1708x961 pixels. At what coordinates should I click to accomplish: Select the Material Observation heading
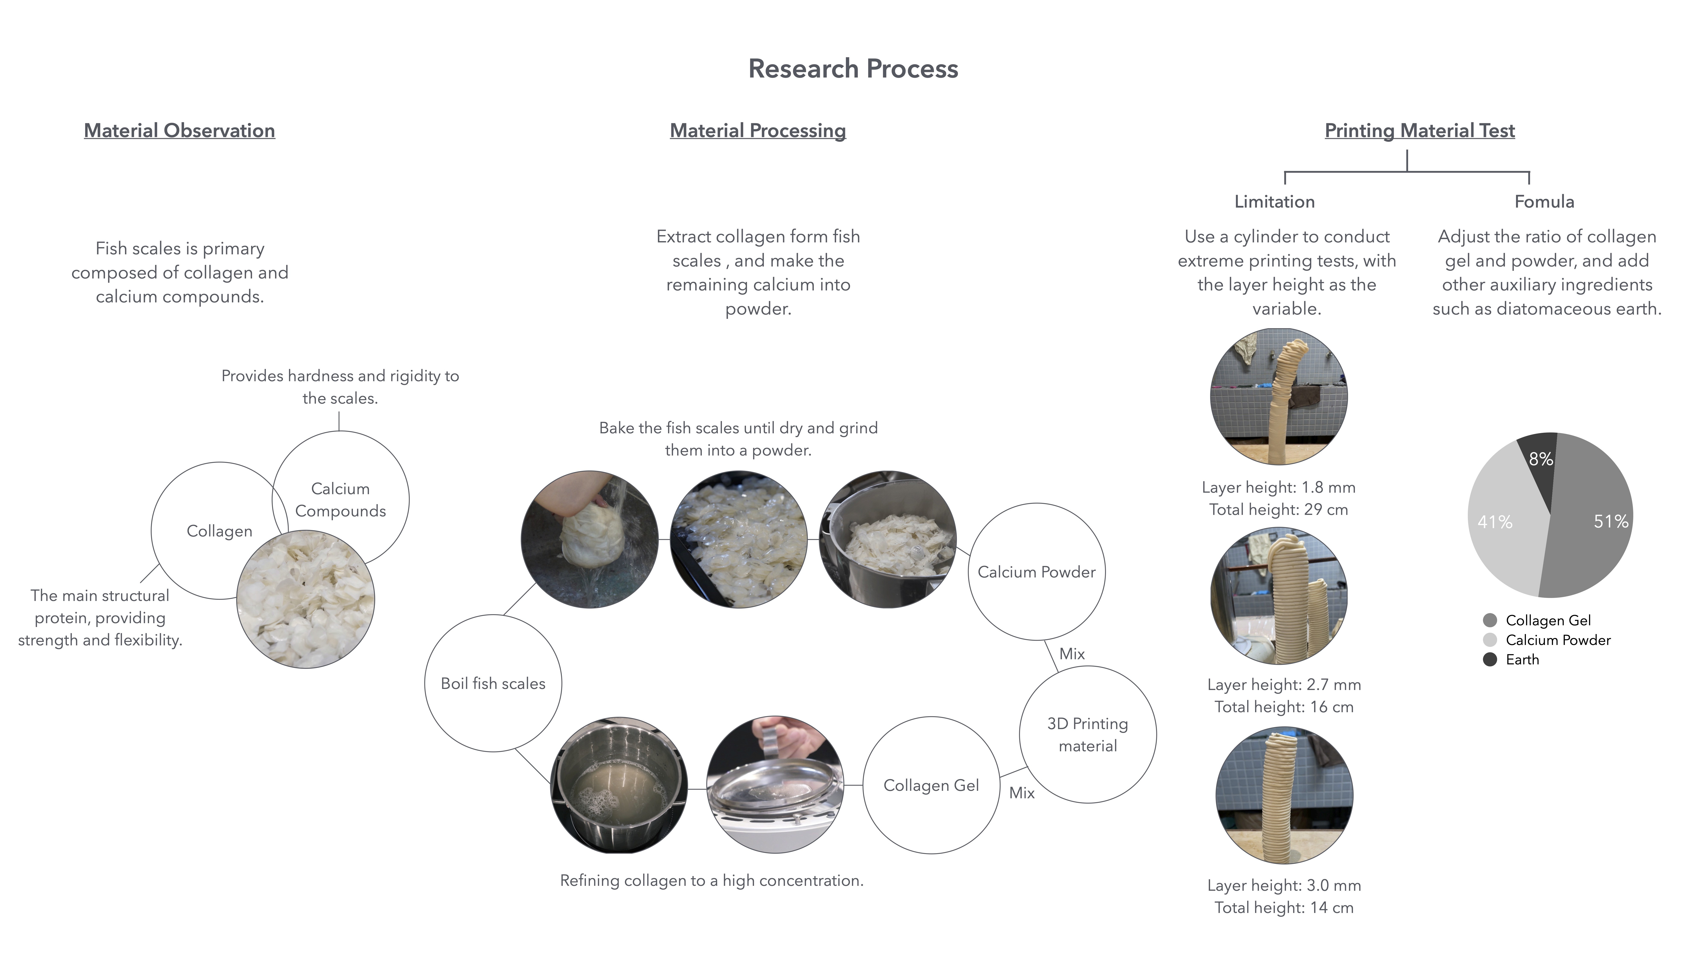[179, 131]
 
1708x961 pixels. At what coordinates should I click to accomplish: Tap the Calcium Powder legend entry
[1557, 640]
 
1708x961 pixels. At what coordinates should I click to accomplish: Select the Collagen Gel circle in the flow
[931, 785]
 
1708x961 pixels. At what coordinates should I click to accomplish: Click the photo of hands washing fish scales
[589, 539]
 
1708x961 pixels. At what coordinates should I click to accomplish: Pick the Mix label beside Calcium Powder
[1072, 654]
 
